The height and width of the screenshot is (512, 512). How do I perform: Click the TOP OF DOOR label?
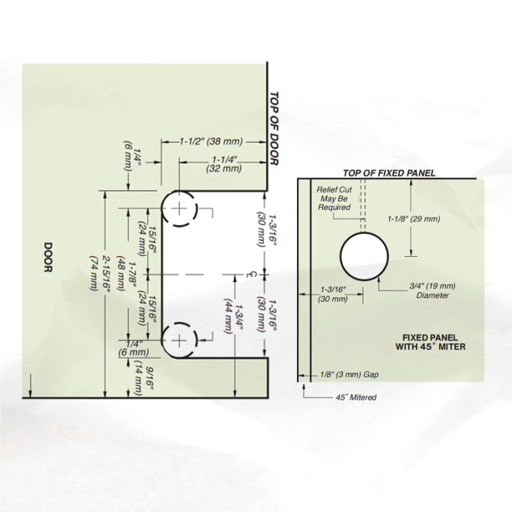[274, 129]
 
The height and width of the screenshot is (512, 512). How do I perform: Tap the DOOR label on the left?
[48, 257]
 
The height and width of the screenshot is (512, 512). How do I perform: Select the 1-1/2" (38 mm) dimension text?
[211, 141]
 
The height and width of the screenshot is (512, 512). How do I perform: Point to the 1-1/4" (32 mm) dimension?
[224, 164]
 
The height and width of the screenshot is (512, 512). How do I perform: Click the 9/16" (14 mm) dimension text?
[143, 378]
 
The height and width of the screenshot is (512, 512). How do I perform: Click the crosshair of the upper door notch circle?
[179, 208]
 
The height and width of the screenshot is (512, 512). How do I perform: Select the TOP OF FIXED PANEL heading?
[389, 173]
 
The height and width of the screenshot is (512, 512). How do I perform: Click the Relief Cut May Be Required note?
[334, 198]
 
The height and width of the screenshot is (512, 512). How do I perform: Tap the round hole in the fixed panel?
[364, 256]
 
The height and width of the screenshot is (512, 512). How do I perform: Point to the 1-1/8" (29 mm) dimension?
[414, 219]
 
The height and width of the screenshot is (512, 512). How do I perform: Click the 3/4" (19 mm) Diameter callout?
[432, 290]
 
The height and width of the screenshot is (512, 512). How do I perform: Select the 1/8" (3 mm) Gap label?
[350, 374]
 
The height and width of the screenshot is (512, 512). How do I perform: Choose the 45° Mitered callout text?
[356, 397]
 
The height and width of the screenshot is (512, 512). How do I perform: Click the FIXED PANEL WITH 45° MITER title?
[430, 342]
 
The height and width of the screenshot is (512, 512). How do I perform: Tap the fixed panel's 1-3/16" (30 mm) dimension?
[333, 294]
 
